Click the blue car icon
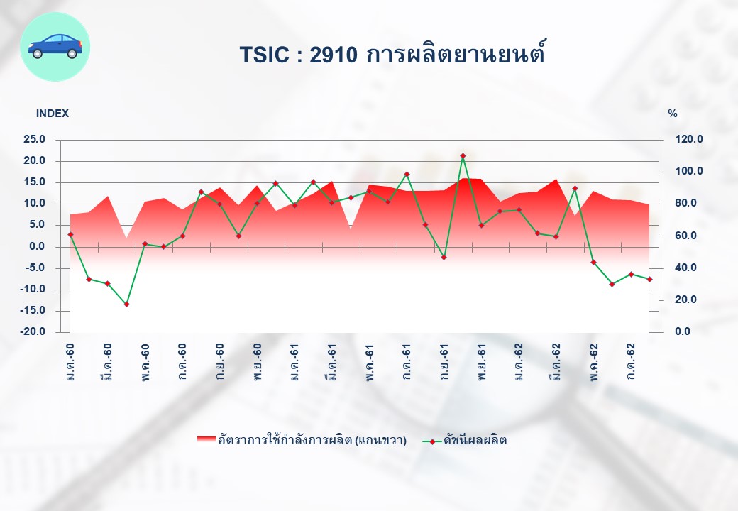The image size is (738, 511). (55, 46)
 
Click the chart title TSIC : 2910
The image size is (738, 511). (299, 55)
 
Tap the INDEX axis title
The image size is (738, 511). (53, 114)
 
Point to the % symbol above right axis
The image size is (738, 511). (673, 114)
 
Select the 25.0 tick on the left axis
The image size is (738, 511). (35, 139)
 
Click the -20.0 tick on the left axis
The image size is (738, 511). (33, 331)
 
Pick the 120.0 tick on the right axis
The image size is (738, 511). (689, 139)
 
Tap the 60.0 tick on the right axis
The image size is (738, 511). (685, 235)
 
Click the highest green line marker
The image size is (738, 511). (463, 155)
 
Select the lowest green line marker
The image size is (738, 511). (126, 304)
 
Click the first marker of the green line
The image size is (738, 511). (70, 234)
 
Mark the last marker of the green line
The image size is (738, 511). (649, 279)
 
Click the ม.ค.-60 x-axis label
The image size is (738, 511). (70, 362)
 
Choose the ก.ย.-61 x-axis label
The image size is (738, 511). (444, 362)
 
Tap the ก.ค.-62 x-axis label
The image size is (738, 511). (631, 362)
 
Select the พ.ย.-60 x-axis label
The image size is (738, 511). (257, 362)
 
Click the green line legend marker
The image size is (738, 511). (432, 441)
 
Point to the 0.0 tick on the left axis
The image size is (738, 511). (38, 246)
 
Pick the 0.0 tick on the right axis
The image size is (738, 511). (683, 331)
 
